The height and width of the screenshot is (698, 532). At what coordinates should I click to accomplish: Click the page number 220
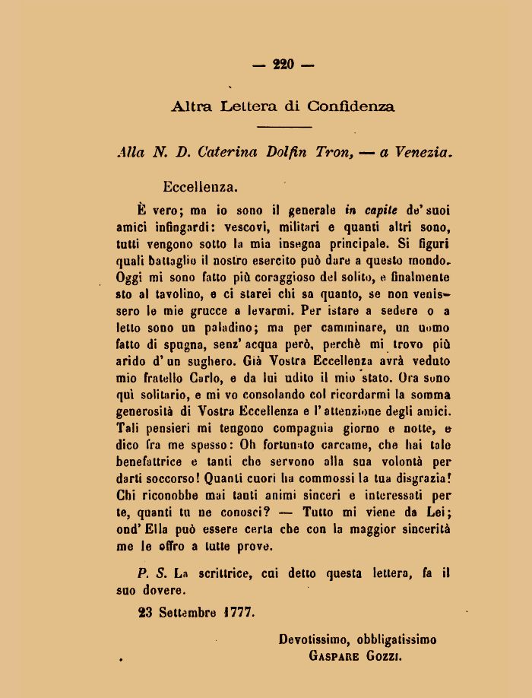point(283,65)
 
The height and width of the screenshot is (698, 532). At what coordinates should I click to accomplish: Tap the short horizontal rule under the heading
point(284,126)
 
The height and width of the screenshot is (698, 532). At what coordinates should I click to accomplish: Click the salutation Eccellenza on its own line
point(200,185)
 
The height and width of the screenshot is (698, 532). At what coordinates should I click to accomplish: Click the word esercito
point(309,262)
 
